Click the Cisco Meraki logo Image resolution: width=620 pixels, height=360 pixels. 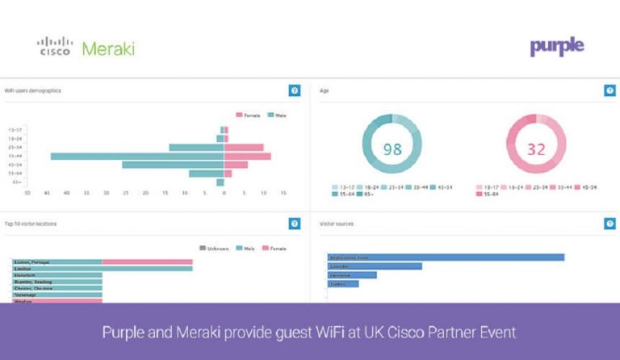click(x=86, y=48)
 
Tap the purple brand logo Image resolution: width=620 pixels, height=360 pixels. click(x=556, y=47)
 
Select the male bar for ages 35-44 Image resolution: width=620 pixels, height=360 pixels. click(x=137, y=156)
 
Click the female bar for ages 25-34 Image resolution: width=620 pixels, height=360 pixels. click(x=243, y=147)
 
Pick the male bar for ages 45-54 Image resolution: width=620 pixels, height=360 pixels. click(x=173, y=165)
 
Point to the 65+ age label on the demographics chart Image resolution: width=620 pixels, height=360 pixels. click(x=16, y=182)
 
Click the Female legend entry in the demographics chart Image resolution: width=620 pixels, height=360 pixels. click(x=247, y=115)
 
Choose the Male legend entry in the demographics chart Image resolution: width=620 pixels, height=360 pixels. click(x=277, y=115)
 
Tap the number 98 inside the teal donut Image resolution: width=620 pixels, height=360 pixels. click(x=392, y=149)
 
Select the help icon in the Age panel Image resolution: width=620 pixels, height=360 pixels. click(x=610, y=90)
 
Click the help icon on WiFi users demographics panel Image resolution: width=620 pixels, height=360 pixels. click(x=295, y=90)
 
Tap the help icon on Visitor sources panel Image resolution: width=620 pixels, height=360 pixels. click(x=610, y=224)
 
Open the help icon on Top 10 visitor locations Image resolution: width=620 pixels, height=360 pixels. click(x=295, y=224)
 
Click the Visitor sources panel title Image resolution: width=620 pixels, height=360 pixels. click(x=337, y=224)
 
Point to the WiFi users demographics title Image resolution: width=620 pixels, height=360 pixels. click(x=33, y=90)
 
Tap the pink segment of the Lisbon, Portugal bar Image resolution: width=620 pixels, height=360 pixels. click(x=147, y=262)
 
